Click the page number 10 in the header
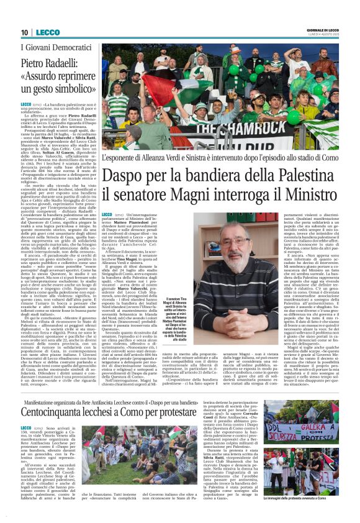pos(24,32)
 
